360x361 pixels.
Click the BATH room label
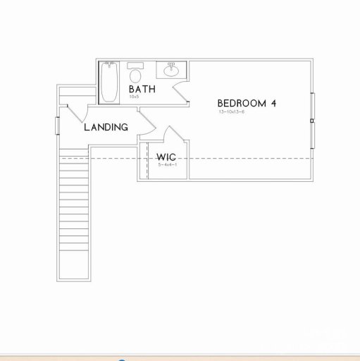pyautogui.click(x=142, y=90)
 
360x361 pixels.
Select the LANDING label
pyautogui.click(x=106, y=128)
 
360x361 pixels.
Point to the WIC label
pyautogui.click(x=166, y=157)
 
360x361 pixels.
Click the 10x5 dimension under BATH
pyautogui.click(x=134, y=97)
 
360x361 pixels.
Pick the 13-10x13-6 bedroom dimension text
pyautogui.click(x=231, y=111)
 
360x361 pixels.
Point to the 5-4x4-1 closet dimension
pyautogui.click(x=166, y=164)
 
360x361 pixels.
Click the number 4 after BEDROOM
pyautogui.click(x=273, y=103)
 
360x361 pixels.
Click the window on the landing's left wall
pyautogui.click(x=57, y=124)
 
